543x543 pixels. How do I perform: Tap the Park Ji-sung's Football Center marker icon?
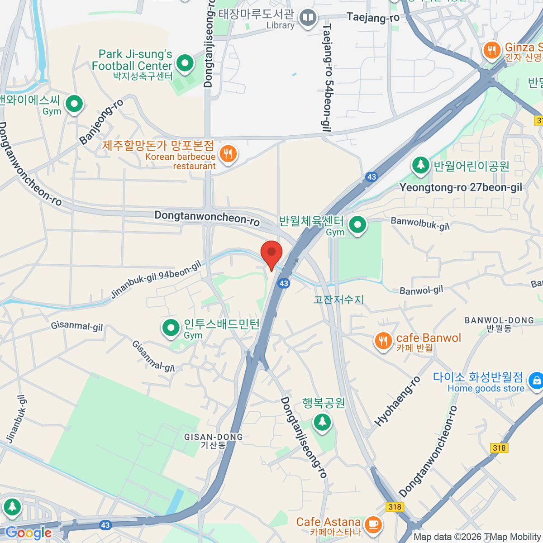[x=185, y=63]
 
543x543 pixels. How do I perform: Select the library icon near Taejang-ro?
[x=308, y=18]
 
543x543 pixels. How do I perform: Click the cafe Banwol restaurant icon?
[x=383, y=341]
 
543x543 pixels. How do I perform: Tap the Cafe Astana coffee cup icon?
[x=372, y=524]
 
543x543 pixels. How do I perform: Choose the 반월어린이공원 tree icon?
[x=420, y=165]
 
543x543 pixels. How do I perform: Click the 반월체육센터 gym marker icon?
[x=357, y=224]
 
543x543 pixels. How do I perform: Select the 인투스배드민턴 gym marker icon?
[x=171, y=327]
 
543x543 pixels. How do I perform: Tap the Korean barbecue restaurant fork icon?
[x=228, y=154]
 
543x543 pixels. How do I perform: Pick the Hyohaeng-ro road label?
[x=397, y=401]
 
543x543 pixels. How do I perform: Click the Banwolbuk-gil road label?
[x=420, y=223]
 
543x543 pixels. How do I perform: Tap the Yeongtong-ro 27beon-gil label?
[x=461, y=188]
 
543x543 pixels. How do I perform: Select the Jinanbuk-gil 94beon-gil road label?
[x=156, y=280]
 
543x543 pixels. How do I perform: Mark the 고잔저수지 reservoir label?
[x=339, y=300]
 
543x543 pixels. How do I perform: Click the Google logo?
[x=28, y=533]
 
